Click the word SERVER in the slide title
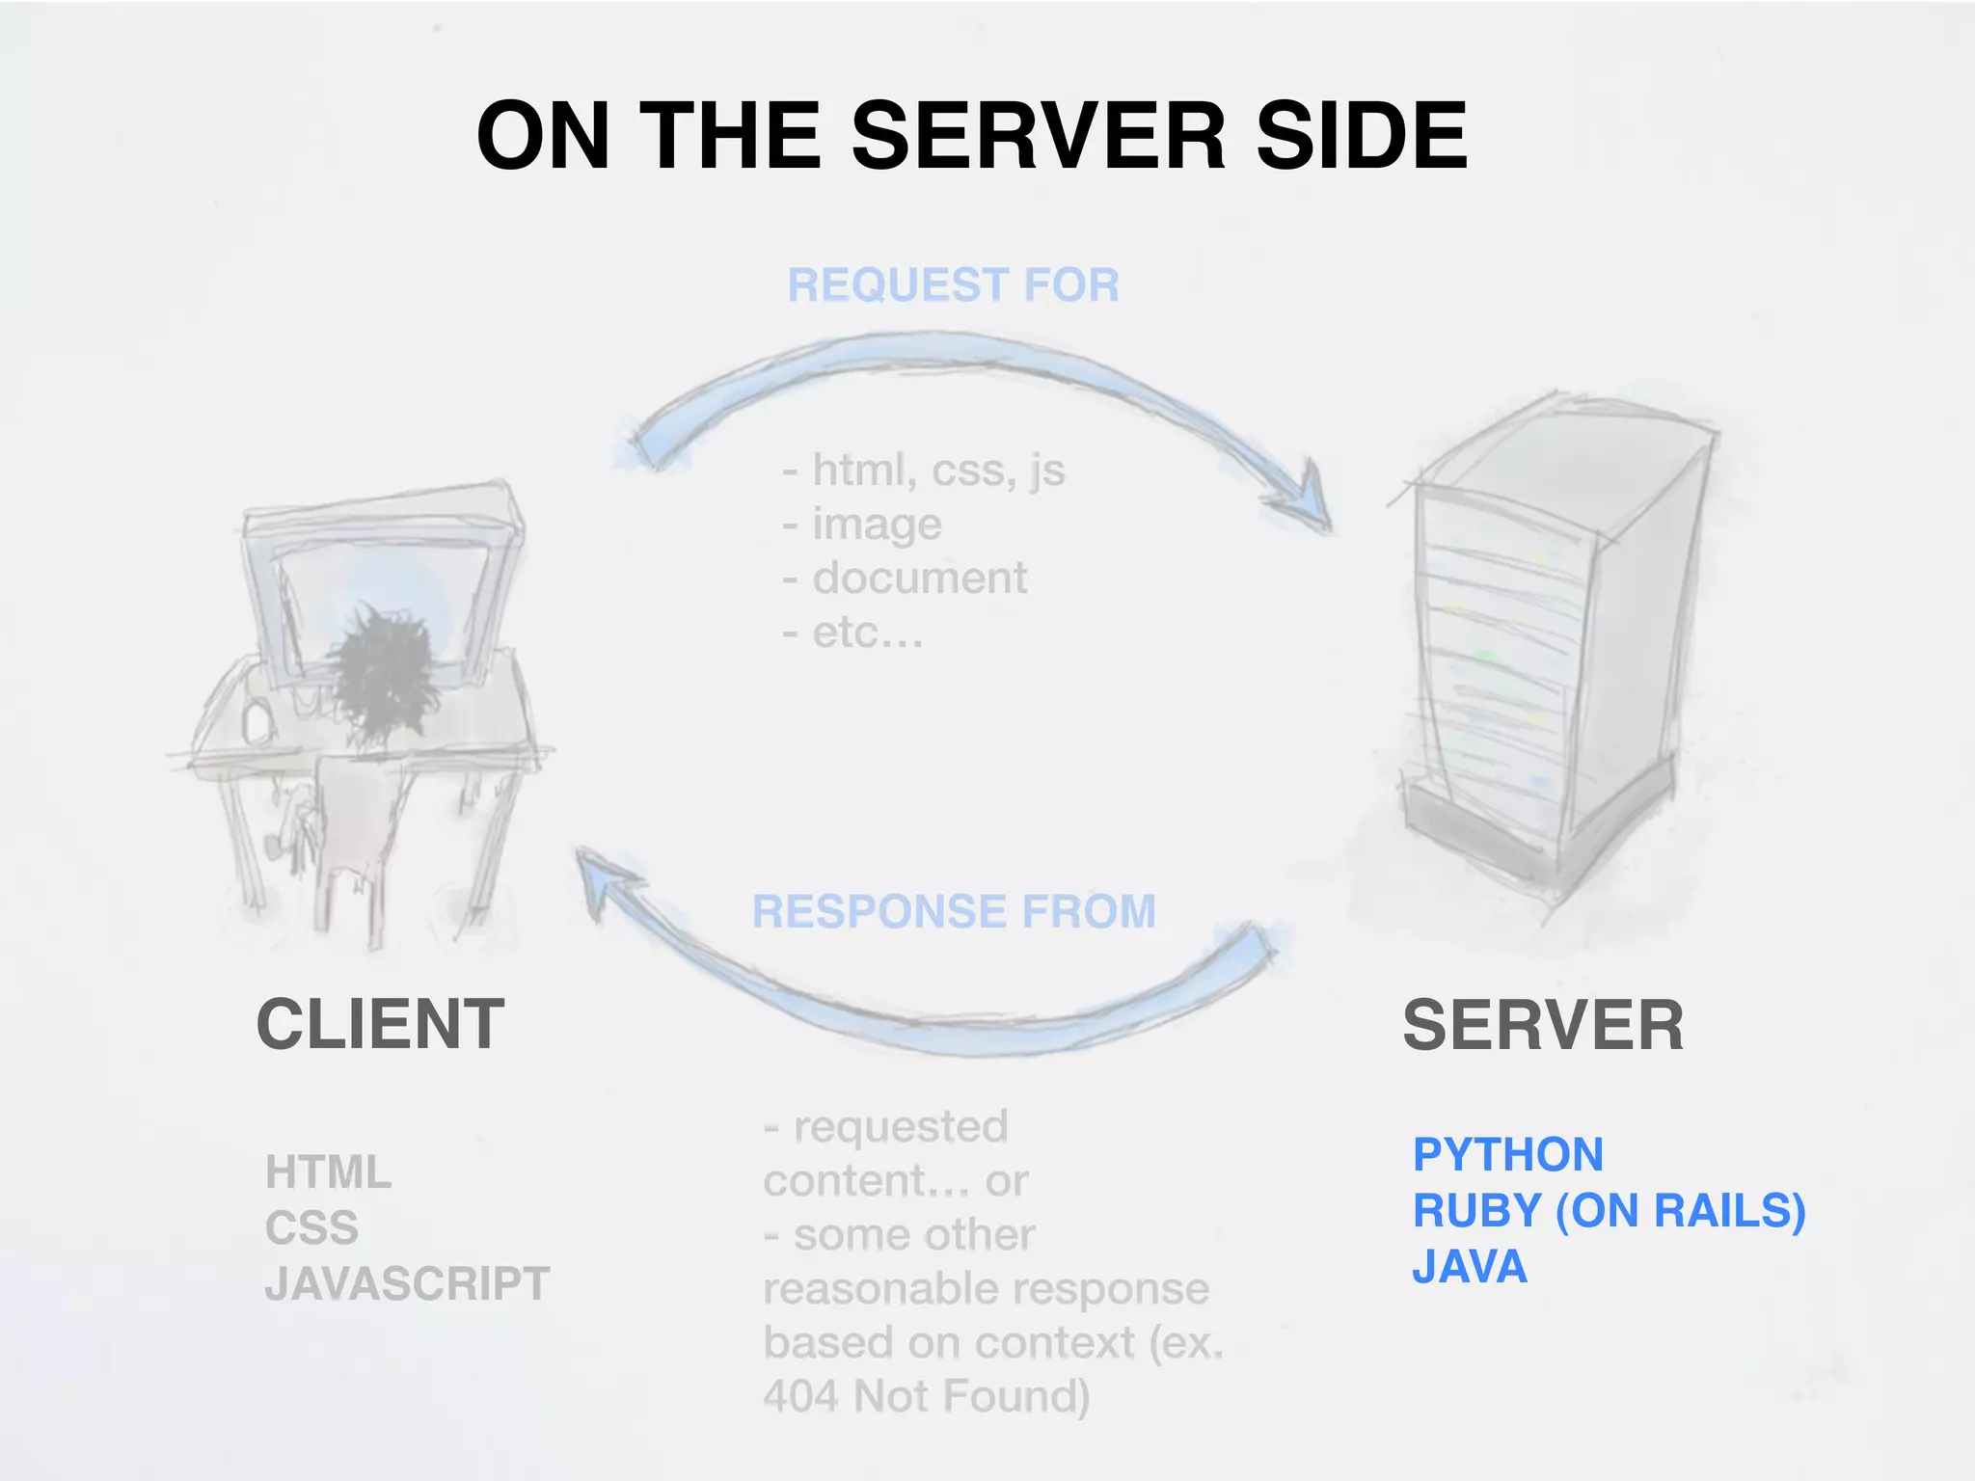1039,136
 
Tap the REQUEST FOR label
953,285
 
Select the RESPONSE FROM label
954,911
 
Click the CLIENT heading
380,1024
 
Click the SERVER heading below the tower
1542,1025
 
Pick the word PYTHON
1507,1154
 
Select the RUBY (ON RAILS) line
1609,1210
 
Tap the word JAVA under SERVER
1470,1266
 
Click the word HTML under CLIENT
328,1172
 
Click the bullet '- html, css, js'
924,471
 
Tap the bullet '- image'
862,525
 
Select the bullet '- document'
905,579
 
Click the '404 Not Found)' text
926,1395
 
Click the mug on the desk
257,721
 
